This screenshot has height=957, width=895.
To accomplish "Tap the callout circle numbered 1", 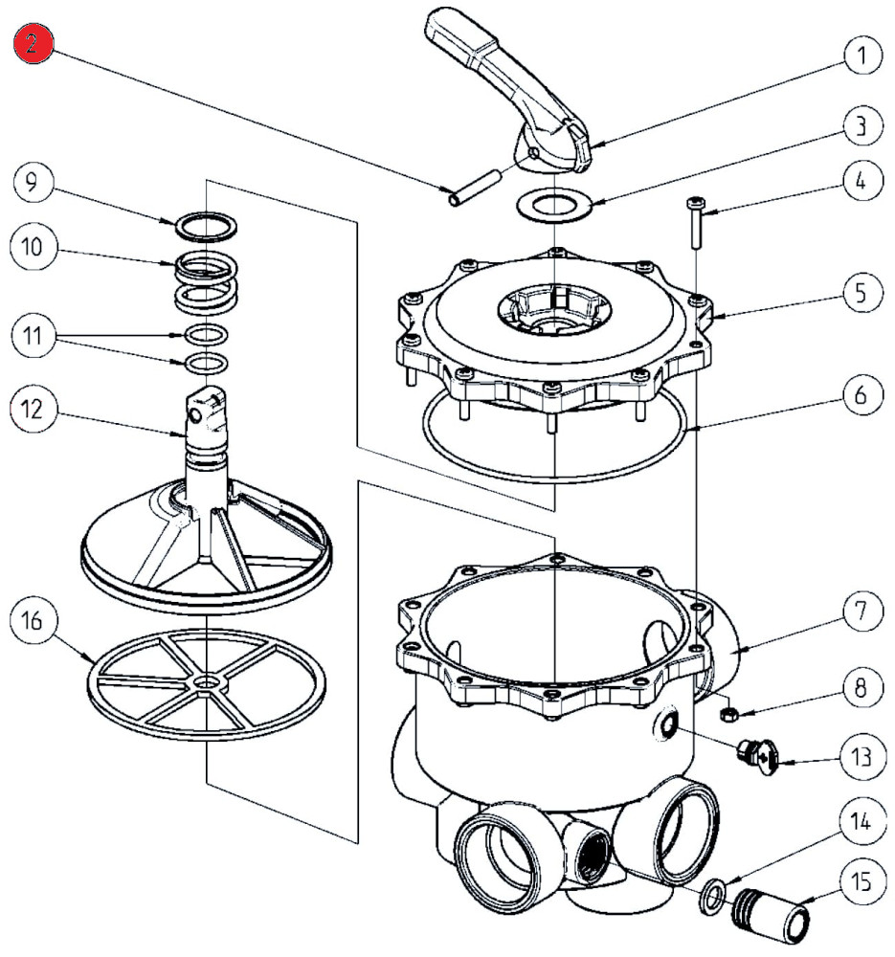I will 861,56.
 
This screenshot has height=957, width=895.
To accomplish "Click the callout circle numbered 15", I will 861,881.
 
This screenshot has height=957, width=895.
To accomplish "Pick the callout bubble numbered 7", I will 861,612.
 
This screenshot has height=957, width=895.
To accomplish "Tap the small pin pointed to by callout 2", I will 475,187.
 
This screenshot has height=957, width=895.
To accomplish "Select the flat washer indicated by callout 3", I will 550,205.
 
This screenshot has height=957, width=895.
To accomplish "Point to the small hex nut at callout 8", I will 727,714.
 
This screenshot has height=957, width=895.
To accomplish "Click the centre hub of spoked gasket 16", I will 206,682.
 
